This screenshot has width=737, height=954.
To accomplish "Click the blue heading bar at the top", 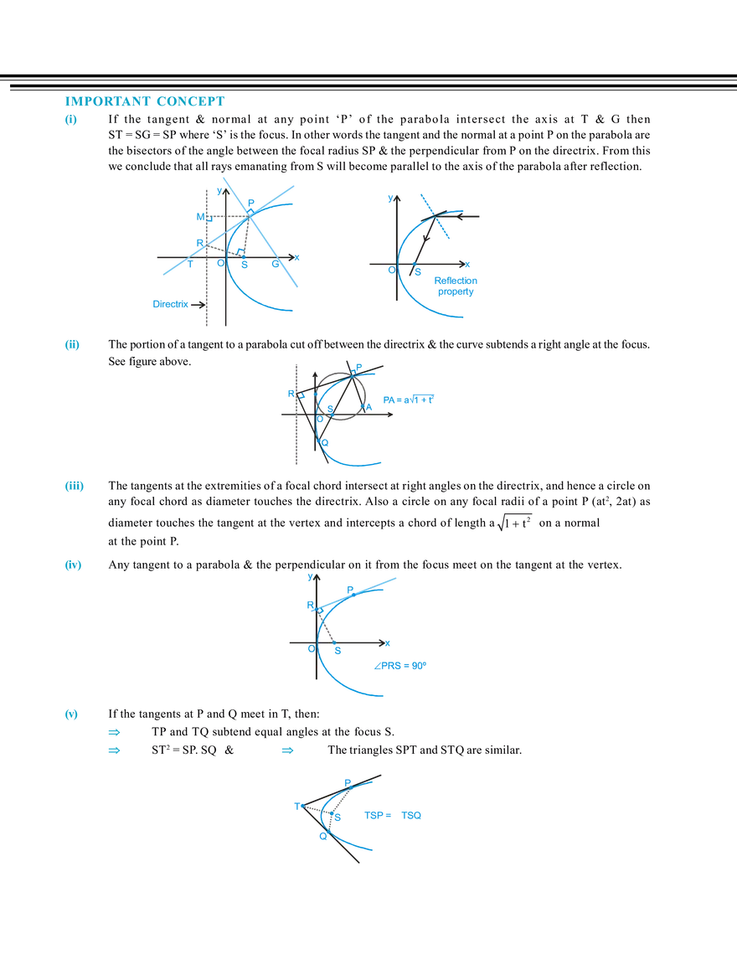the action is point(143,102).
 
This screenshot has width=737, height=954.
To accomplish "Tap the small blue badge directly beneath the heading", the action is point(70,120).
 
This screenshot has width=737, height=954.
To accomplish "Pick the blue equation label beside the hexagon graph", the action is point(408,401).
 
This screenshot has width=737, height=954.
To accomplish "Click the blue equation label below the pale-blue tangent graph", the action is point(400,666).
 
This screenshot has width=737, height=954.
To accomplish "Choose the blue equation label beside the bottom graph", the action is point(394,816).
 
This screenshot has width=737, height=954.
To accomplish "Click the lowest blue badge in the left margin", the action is point(70,714).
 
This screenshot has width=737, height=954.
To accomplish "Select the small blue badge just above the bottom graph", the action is point(289,750).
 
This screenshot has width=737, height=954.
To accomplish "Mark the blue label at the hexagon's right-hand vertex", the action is point(369,406).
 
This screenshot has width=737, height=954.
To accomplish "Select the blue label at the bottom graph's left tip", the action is point(296,805).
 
